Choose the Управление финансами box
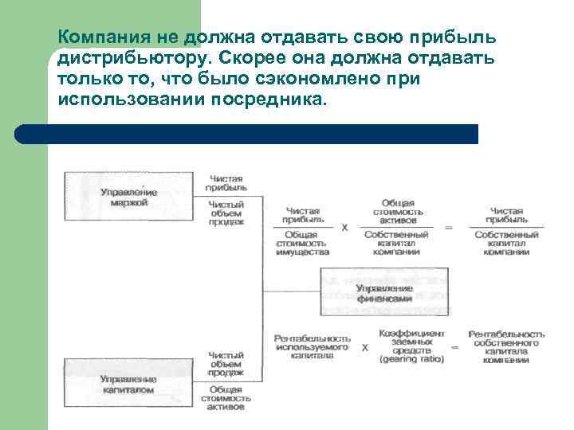[x=384, y=292]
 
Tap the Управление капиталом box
[x=128, y=385]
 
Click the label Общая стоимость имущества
[x=303, y=243]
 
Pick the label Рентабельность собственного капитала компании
[x=506, y=347]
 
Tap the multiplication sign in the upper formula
[x=345, y=227]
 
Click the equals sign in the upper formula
[x=448, y=227]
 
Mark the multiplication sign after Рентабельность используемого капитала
[x=364, y=348]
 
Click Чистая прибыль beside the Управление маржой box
[x=227, y=183]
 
